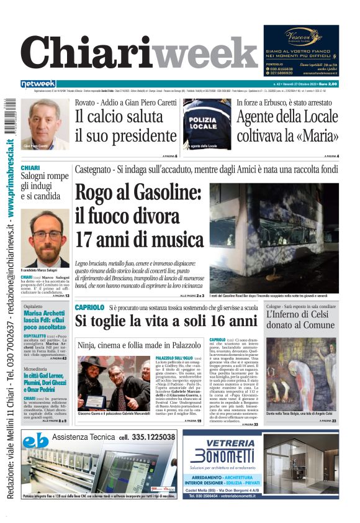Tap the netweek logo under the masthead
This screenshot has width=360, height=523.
[x=38, y=84]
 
